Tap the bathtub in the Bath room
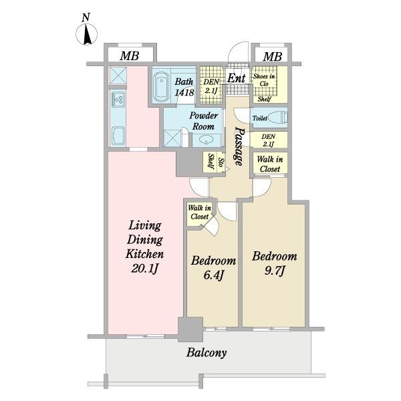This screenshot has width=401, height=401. click(x=161, y=86)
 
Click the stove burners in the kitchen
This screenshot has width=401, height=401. click(x=118, y=99)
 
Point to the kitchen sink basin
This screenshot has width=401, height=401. click(x=118, y=135)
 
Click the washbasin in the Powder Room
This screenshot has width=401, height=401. click(x=205, y=140)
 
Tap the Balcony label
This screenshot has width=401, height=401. click(x=207, y=353)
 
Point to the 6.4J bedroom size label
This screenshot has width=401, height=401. click(x=214, y=275)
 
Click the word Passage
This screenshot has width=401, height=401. click(x=239, y=146)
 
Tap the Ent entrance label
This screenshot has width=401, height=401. click(x=237, y=78)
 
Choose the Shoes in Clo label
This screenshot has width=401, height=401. click(x=264, y=80)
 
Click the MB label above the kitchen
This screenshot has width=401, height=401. click(x=130, y=55)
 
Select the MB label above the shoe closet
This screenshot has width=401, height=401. click(x=273, y=57)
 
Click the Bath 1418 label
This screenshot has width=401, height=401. click(x=184, y=87)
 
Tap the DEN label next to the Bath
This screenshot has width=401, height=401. click(x=211, y=86)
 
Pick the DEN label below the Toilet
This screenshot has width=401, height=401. click(x=268, y=140)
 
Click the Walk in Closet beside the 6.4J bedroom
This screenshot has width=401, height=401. click(x=199, y=213)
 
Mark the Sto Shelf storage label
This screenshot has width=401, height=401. click(x=215, y=161)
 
